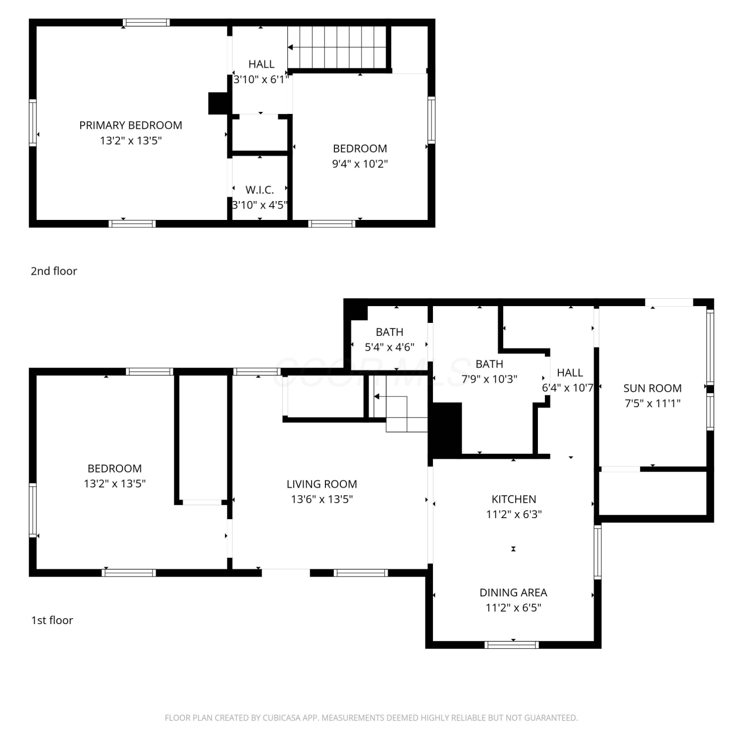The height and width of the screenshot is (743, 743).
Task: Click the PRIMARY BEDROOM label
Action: coord(131,125)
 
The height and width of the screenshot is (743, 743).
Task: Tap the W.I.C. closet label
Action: coord(260,190)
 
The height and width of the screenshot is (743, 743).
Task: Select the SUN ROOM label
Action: coord(652,388)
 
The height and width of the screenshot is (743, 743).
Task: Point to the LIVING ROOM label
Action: coord(322,484)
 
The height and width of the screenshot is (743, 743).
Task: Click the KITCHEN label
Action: coord(514,499)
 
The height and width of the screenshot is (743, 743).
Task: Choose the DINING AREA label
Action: coord(513,592)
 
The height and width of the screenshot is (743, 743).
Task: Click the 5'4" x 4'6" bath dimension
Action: coord(389,347)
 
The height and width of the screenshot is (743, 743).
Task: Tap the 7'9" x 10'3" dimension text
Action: coord(489,379)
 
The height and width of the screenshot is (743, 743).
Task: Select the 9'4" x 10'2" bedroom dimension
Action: coord(360,164)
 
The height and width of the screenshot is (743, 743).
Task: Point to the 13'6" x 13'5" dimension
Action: coord(322,499)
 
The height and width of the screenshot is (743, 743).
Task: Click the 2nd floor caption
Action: coord(54,271)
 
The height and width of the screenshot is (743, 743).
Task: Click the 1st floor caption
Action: coord(52,620)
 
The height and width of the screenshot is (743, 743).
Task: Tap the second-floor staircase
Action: coord(337,47)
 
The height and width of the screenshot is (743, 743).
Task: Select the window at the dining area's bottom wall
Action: coord(512,644)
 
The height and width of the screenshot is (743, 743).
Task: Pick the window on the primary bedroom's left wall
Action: coord(33,123)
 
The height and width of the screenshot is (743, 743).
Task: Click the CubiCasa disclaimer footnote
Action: coord(371,718)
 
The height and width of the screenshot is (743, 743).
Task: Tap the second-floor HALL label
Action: coord(261,64)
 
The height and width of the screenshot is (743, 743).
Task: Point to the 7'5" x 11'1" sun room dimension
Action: coord(652,403)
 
